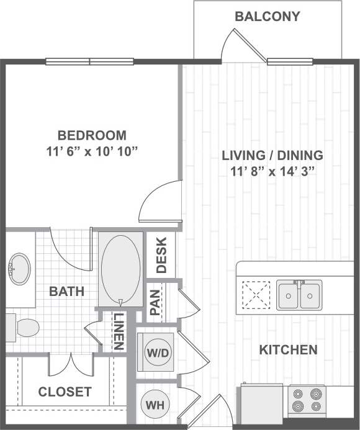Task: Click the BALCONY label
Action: (x=267, y=17)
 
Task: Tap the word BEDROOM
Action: (x=92, y=135)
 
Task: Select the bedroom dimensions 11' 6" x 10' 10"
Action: (x=92, y=150)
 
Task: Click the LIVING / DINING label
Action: (x=272, y=156)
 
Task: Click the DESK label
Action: (x=161, y=256)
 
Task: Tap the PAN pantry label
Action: (x=155, y=302)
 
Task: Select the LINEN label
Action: (x=118, y=330)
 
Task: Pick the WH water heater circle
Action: (x=155, y=405)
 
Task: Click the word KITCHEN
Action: (x=288, y=350)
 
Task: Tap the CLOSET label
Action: (x=65, y=392)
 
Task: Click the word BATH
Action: (x=66, y=290)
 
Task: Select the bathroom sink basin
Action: (x=19, y=268)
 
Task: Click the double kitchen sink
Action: (x=299, y=294)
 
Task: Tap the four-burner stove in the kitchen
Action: (x=307, y=400)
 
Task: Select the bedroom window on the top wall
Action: (x=90, y=61)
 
